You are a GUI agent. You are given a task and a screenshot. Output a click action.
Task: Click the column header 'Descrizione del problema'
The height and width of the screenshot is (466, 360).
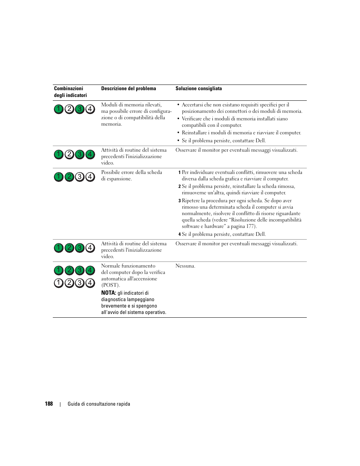click(x=128, y=89)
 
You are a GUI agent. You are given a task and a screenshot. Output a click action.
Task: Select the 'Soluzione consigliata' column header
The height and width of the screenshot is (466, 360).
click(x=198, y=89)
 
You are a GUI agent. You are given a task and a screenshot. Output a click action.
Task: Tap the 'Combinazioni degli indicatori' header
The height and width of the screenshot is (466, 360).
click(x=71, y=92)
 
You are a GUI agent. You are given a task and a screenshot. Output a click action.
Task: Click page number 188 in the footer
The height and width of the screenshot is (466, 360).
click(x=49, y=404)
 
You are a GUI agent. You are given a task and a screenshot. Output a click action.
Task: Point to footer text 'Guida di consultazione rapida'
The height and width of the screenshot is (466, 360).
click(x=99, y=404)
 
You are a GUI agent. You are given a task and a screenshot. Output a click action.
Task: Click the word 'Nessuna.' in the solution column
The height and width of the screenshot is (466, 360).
click(x=185, y=266)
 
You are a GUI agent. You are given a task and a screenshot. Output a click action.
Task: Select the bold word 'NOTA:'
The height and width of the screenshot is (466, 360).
click(x=108, y=293)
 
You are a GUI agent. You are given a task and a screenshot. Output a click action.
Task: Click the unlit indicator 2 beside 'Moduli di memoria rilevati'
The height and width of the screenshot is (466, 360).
click(x=69, y=109)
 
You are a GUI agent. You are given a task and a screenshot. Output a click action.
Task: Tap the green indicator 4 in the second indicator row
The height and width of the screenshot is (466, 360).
click(x=90, y=154)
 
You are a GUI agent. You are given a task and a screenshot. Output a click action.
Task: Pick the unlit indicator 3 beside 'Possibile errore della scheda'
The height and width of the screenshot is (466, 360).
click(x=80, y=177)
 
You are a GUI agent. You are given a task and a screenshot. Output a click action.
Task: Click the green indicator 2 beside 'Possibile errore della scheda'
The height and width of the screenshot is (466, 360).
click(x=69, y=177)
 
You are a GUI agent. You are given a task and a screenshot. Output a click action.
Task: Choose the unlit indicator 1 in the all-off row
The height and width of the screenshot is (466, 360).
click(x=58, y=283)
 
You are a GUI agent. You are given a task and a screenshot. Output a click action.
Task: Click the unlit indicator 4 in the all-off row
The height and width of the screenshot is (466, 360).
click(x=90, y=283)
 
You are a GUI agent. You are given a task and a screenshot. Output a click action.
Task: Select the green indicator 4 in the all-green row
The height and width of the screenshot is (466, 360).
click(x=90, y=270)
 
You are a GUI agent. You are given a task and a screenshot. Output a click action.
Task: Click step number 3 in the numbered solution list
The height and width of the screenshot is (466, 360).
click(x=180, y=201)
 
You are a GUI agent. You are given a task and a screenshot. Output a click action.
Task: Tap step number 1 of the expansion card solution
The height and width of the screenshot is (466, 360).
click(x=180, y=172)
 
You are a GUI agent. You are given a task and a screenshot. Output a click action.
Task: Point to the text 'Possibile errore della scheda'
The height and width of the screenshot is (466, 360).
click(x=131, y=172)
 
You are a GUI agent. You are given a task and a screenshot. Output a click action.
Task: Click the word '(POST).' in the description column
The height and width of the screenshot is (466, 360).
click(x=110, y=285)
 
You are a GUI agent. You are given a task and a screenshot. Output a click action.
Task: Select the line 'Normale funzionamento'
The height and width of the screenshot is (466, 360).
click(x=128, y=266)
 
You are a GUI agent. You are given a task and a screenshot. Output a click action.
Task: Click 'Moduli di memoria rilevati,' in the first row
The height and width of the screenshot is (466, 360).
click(x=131, y=105)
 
